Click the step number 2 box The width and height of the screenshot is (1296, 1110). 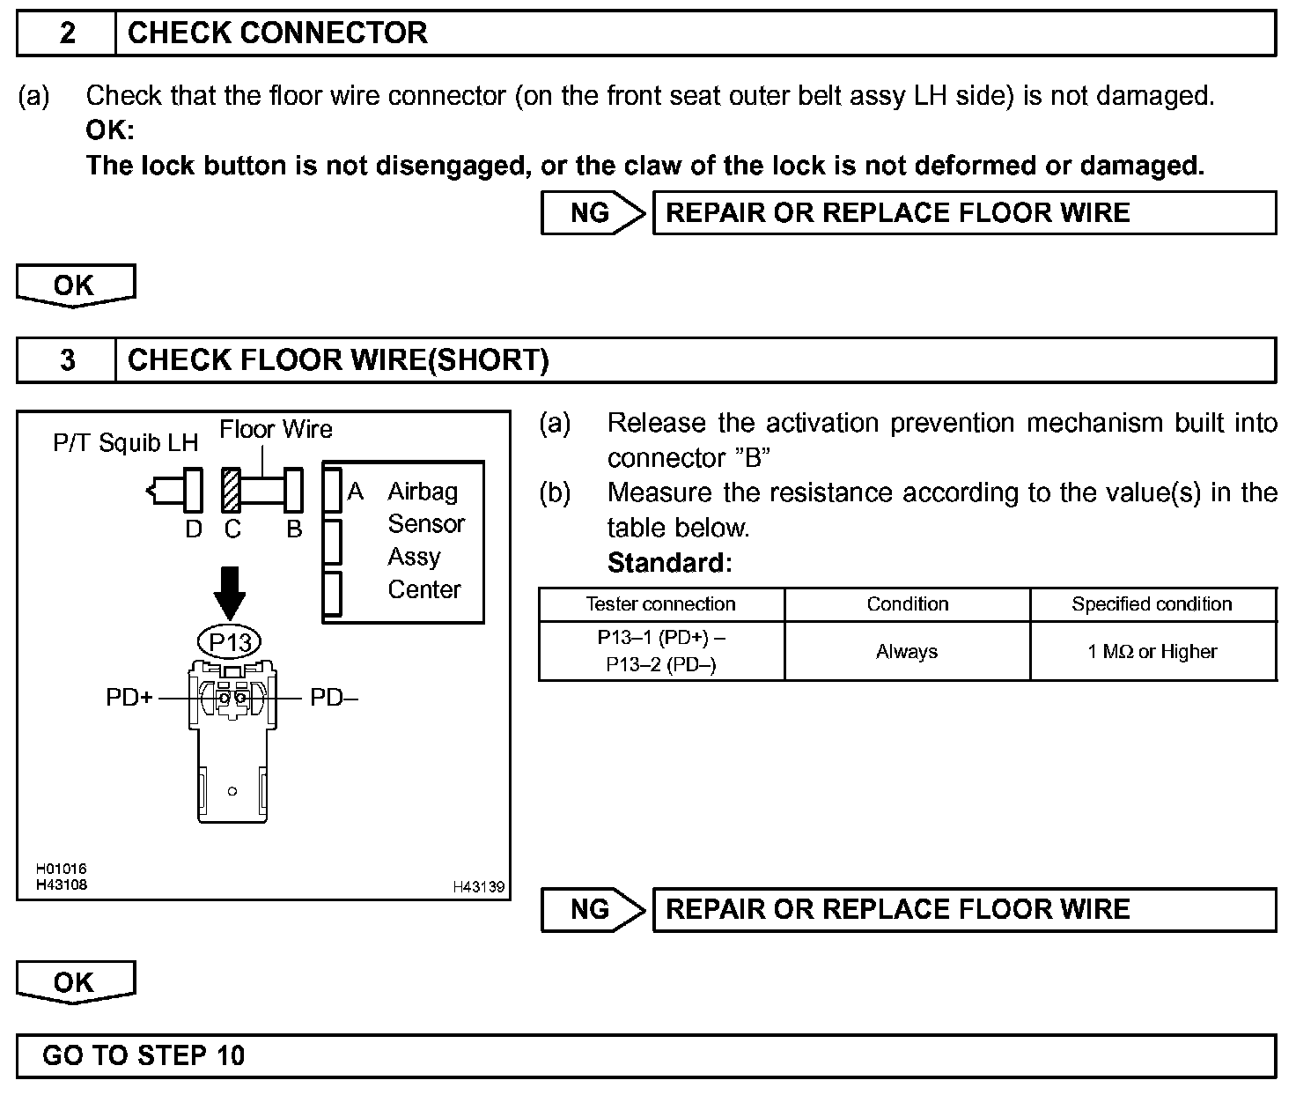[x=67, y=33]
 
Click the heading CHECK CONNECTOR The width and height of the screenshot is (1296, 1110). [x=277, y=33]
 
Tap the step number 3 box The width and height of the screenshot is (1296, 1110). [x=67, y=360]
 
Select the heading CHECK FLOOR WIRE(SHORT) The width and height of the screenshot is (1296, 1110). [x=338, y=360]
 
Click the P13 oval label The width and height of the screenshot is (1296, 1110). [x=231, y=642]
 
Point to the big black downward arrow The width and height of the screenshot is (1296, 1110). [x=231, y=592]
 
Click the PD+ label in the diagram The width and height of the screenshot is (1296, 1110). [x=129, y=698]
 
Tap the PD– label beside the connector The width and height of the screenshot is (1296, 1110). [x=334, y=698]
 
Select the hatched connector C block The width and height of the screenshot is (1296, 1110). [x=232, y=490]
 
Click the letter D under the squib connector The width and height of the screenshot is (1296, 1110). [x=194, y=529]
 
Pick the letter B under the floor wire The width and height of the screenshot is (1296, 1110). [x=294, y=529]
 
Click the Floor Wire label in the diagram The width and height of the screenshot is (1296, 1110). [x=276, y=430]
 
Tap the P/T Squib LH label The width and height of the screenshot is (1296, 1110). [x=125, y=442]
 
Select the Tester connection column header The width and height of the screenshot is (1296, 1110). [x=660, y=604]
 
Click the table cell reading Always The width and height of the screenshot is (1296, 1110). [x=907, y=652]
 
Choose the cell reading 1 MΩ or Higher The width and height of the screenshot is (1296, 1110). [x=1152, y=652]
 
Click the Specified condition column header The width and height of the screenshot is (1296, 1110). [x=1152, y=604]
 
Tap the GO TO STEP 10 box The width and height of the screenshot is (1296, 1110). [x=645, y=1055]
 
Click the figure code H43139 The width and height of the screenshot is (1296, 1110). [x=479, y=887]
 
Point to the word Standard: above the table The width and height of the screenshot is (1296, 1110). [x=669, y=562]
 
